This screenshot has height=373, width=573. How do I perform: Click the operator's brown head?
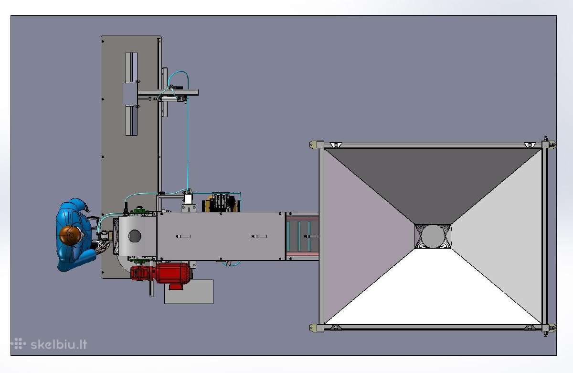(70, 235)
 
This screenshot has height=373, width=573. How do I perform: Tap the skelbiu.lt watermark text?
(59, 344)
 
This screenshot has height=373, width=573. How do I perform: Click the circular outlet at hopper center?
(433, 236)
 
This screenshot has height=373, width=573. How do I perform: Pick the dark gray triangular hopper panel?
(433, 179)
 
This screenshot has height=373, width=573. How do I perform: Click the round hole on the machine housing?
(135, 236)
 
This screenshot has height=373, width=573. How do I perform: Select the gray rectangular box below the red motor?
(189, 292)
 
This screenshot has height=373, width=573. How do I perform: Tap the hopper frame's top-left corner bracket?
(317, 145)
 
